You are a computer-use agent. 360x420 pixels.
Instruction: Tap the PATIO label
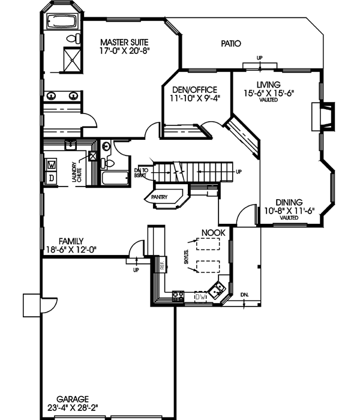(x=230, y=44)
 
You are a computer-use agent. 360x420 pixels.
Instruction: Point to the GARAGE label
(x=73, y=398)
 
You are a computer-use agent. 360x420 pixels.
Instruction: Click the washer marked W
(x=51, y=164)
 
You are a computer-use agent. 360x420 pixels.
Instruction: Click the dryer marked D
(x=51, y=178)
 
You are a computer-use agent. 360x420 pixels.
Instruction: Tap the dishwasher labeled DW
(x=200, y=297)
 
